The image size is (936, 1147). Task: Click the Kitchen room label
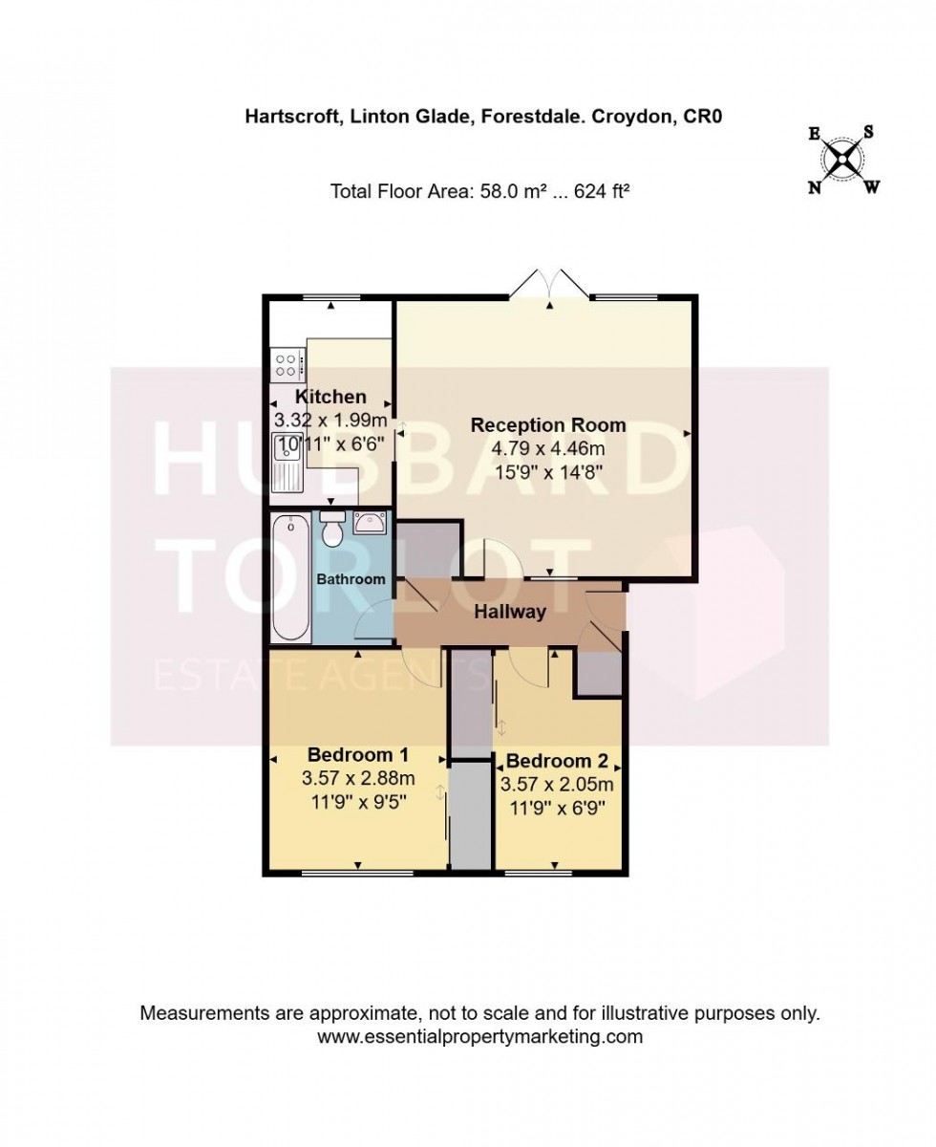tap(330, 397)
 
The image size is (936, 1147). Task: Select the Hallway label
tap(510, 612)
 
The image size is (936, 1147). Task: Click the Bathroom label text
tap(351, 579)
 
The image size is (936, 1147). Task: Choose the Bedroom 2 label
tap(557, 762)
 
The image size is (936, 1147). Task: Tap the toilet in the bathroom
tap(332, 530)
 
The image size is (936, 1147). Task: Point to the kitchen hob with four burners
tap(287, 363)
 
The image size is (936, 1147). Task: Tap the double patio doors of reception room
tap(550, 285)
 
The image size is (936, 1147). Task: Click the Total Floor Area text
tap(479, 191)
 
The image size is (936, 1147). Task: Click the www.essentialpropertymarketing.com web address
tap(479, 1036)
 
